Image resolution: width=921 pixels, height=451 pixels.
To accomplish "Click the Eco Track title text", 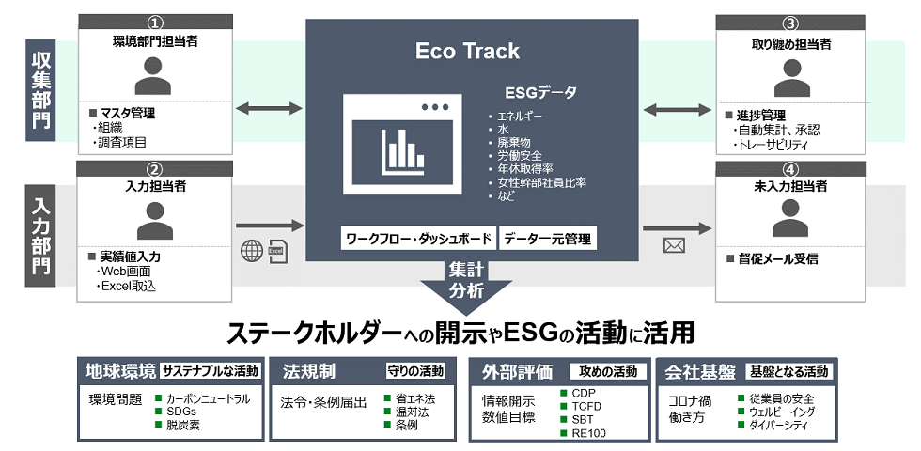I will click(x=467, y=51).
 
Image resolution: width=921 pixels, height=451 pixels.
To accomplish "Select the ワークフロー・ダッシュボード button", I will click(x=417, y=239).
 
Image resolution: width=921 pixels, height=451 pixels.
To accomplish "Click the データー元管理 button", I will click(x=547, y=239).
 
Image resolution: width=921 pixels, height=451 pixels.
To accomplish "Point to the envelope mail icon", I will click(x=674, y=246).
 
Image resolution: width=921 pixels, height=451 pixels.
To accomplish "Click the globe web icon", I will click(x=252, y=251).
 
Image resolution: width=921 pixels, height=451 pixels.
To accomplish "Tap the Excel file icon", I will click(x=277, y=251).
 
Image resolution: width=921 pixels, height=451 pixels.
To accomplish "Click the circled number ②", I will click(x=155, y=168).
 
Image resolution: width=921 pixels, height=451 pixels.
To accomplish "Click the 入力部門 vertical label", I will click(x=41, y=236).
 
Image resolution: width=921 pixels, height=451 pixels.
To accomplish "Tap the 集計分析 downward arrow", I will click(x=467, y=281).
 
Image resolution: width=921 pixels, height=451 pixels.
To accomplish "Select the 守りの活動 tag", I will click(x=416, y=370).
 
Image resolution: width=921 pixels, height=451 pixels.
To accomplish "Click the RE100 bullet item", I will click(x=588, y=433).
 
